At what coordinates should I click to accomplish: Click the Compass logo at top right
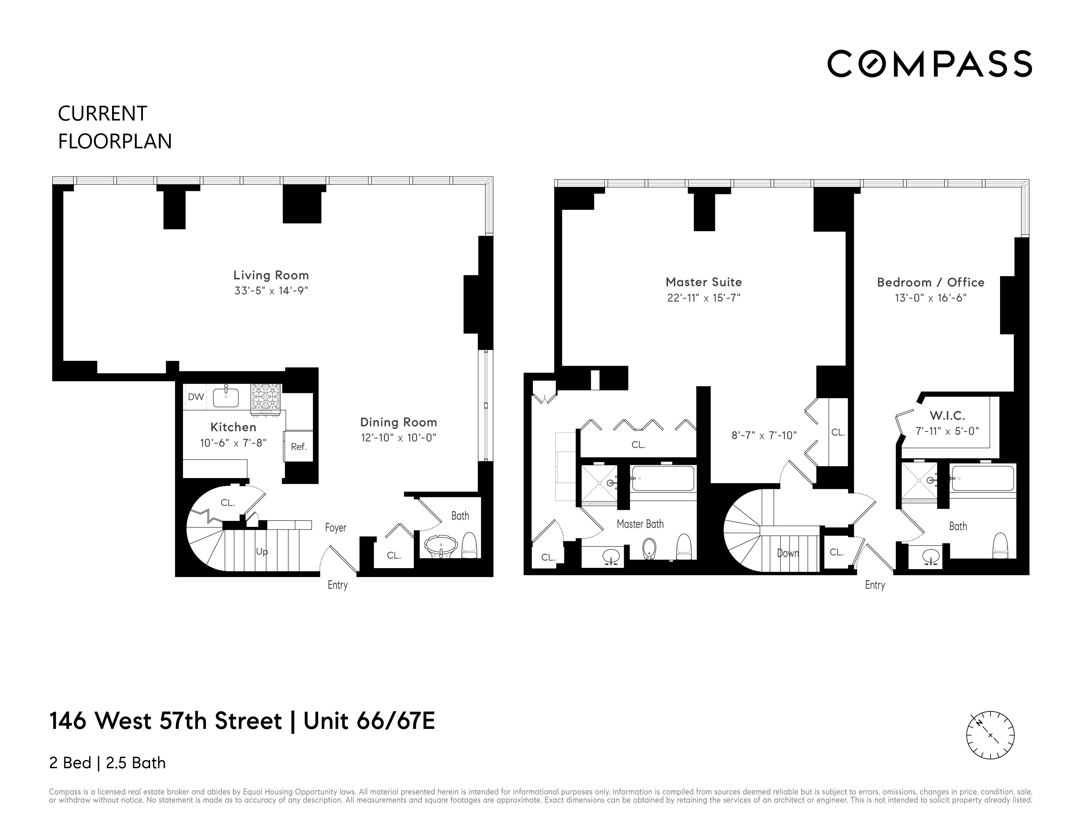pos(929,64)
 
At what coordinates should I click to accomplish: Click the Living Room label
pos(271,275)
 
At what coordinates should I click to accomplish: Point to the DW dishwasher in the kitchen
pos(196,397)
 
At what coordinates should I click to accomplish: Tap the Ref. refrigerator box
pos(299,446)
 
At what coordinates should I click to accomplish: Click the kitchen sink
pos(226,397)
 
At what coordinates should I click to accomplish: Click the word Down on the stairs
pos(788,553)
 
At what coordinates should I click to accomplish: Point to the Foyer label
pos(335,528)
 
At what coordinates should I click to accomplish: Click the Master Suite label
pos(703,282)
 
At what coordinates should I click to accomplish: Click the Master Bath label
pos(640,524)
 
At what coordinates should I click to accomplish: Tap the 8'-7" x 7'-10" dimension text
pos(764,436)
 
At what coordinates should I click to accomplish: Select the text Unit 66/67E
pos(369,721)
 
